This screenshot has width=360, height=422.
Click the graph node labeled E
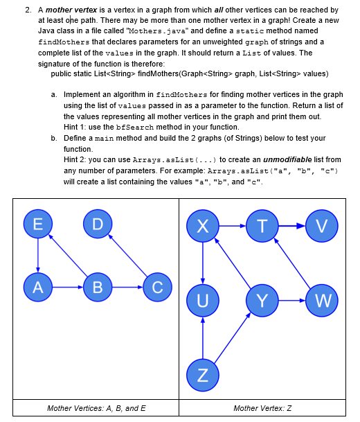[x=38, y=224]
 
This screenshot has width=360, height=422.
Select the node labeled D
[x=98, y=224]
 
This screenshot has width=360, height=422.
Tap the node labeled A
[x=38, y=286]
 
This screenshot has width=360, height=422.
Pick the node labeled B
[x=98, y=286]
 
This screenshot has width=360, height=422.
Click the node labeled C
[x=157, y=286]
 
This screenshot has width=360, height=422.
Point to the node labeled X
[x=203, y=226]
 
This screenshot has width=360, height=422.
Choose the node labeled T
[x=262, y=226]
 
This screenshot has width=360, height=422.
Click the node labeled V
[x=322, y=226]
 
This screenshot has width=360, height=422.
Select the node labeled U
[x=203, y=300]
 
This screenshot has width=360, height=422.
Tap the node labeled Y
[x=262, y=300]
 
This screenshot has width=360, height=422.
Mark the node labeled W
[x=322, y=300]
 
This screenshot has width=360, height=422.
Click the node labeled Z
[x=203, y=375]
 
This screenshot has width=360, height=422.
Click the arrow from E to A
[x=38, y=255]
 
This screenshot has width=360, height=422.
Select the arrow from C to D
[x=128, y=256]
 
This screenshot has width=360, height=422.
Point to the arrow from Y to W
[x=292, y=300]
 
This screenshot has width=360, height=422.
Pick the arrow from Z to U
[x=203, y=337]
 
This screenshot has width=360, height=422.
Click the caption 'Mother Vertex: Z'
[x=262, y=408]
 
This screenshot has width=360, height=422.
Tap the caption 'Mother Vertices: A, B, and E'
[x=96, y=408]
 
